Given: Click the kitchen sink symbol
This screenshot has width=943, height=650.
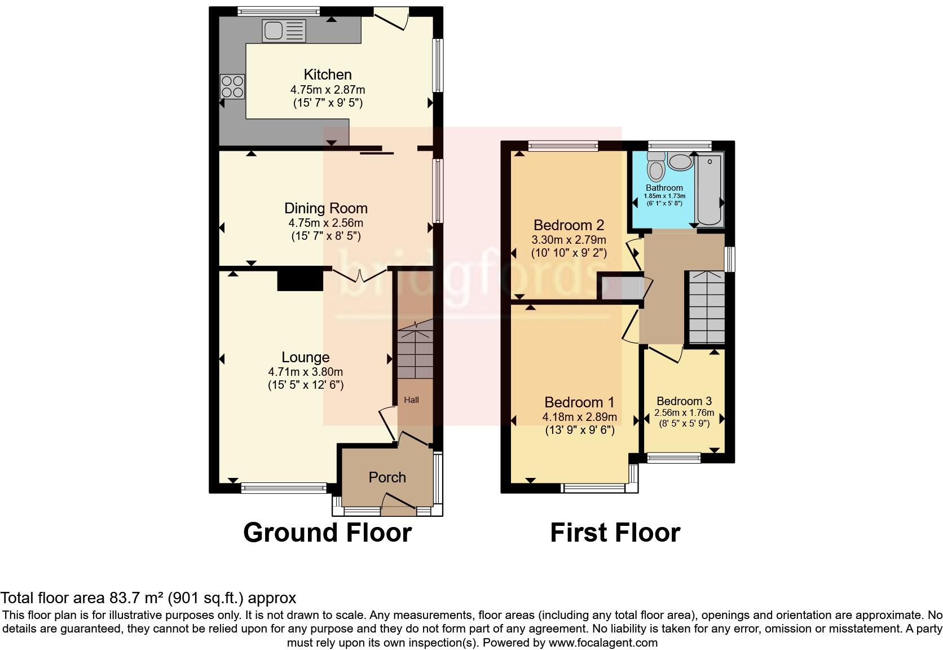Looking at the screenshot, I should click(x=284, y=30).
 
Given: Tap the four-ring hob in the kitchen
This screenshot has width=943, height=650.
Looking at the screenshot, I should click(x=233, y=87).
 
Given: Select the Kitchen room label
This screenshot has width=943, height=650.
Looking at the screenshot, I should click(x=328, y=74).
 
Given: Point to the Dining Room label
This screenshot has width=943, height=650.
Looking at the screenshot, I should click(x=325, y=208).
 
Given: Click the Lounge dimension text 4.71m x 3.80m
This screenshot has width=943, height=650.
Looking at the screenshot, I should click(x=305, y=372).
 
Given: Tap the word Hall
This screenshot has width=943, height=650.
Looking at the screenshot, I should click(x=411, y=400).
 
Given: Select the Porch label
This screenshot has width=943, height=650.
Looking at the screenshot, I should click(x=387, y=477).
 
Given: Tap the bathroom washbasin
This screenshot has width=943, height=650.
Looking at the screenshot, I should click(x=680, y=162).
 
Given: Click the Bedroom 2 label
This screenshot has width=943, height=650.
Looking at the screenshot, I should click(x=569, y=225).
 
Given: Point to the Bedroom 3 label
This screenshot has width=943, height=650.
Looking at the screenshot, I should click(x=684, y=401).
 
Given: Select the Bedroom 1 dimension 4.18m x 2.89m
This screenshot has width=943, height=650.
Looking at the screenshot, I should click(x=579, y=418).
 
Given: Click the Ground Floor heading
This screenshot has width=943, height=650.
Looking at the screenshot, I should click(x=327, y=533).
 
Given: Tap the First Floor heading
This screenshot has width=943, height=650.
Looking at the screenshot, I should click(x=615, y=533).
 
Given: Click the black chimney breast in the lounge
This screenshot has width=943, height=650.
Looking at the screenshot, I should click(x=299, y=280).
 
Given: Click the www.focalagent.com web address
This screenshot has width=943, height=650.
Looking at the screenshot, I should click(x=603, y=643).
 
